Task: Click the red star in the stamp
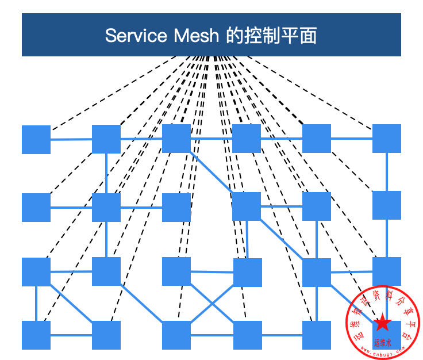point(381,323)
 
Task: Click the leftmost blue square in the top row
point(36,139)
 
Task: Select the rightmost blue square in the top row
point(387,139)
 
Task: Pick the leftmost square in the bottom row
point(36,335)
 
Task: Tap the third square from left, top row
point(176,139)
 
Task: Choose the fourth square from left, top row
point(247,139)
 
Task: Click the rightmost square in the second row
point(387,205)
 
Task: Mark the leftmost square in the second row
point(36,208)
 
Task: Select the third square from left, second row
point(176,208)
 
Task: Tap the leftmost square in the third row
point(36,272)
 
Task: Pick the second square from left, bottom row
point(106,335)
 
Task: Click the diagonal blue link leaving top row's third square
point(211,172)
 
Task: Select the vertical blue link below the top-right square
point(387,171)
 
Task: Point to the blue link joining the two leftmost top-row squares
point(71,139)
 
